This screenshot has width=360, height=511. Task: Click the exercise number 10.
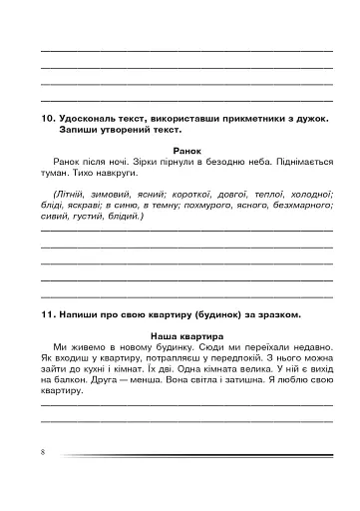[x=45, y=118]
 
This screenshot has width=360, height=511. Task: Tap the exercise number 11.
[x=46, y=315]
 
